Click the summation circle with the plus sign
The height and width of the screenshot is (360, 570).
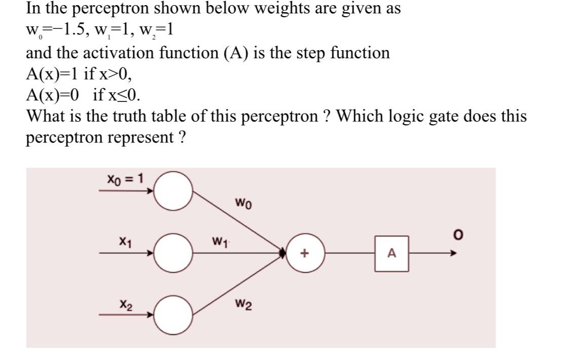pos(305,254)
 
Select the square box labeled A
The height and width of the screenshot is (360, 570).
pos(392,254)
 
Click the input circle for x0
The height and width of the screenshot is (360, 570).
pos(173,191)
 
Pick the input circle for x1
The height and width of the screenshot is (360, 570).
pos(173,252)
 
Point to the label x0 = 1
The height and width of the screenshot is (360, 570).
pos(125,178)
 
